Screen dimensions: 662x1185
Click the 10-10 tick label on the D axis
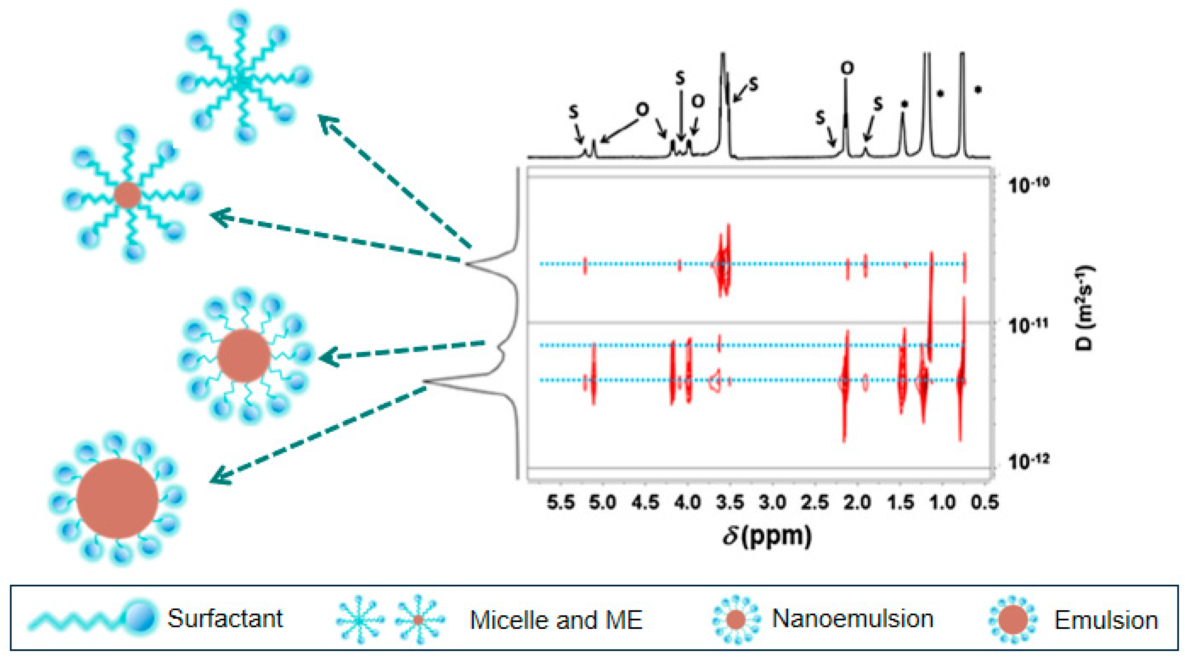click(x=1029, y=185)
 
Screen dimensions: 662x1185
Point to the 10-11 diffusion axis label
click(x=1029, y=325)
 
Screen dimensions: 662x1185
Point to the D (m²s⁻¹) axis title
click(x=1085, y=308)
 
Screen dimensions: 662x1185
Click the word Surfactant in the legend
click(x=225, y=618)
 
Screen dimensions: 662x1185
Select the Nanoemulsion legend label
click(x=852, y=618)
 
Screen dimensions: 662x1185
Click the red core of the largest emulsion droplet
click(x=118, y=498)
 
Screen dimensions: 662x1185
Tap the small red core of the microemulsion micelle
click(x=128, y=195)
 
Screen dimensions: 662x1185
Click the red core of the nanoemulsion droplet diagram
click(x=244, y=355)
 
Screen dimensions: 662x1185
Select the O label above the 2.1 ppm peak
click(x=847, y=68)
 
